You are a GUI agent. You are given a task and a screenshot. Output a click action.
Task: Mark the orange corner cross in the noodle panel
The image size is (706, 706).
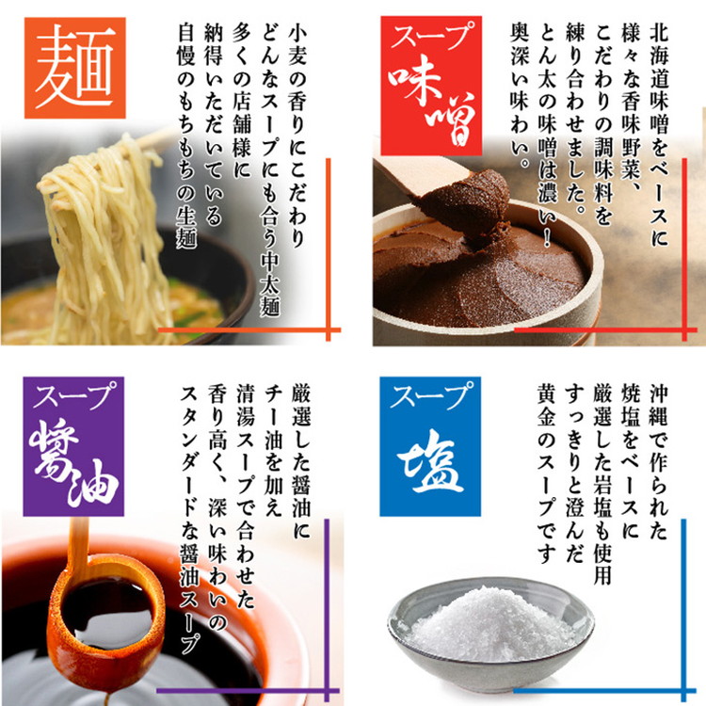tap(329, 330)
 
